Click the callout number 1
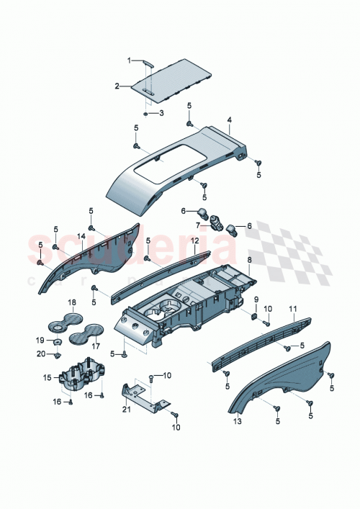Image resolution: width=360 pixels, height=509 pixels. pyautogui.click(x=130, y=60)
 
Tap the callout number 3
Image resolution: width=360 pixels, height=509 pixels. pyautogui.click(x=161, y=113)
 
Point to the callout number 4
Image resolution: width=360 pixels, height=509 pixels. pyautogui.click(x=229, y=120)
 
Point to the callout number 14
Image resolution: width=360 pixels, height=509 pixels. pyautogui.click(x=81, y=235)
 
